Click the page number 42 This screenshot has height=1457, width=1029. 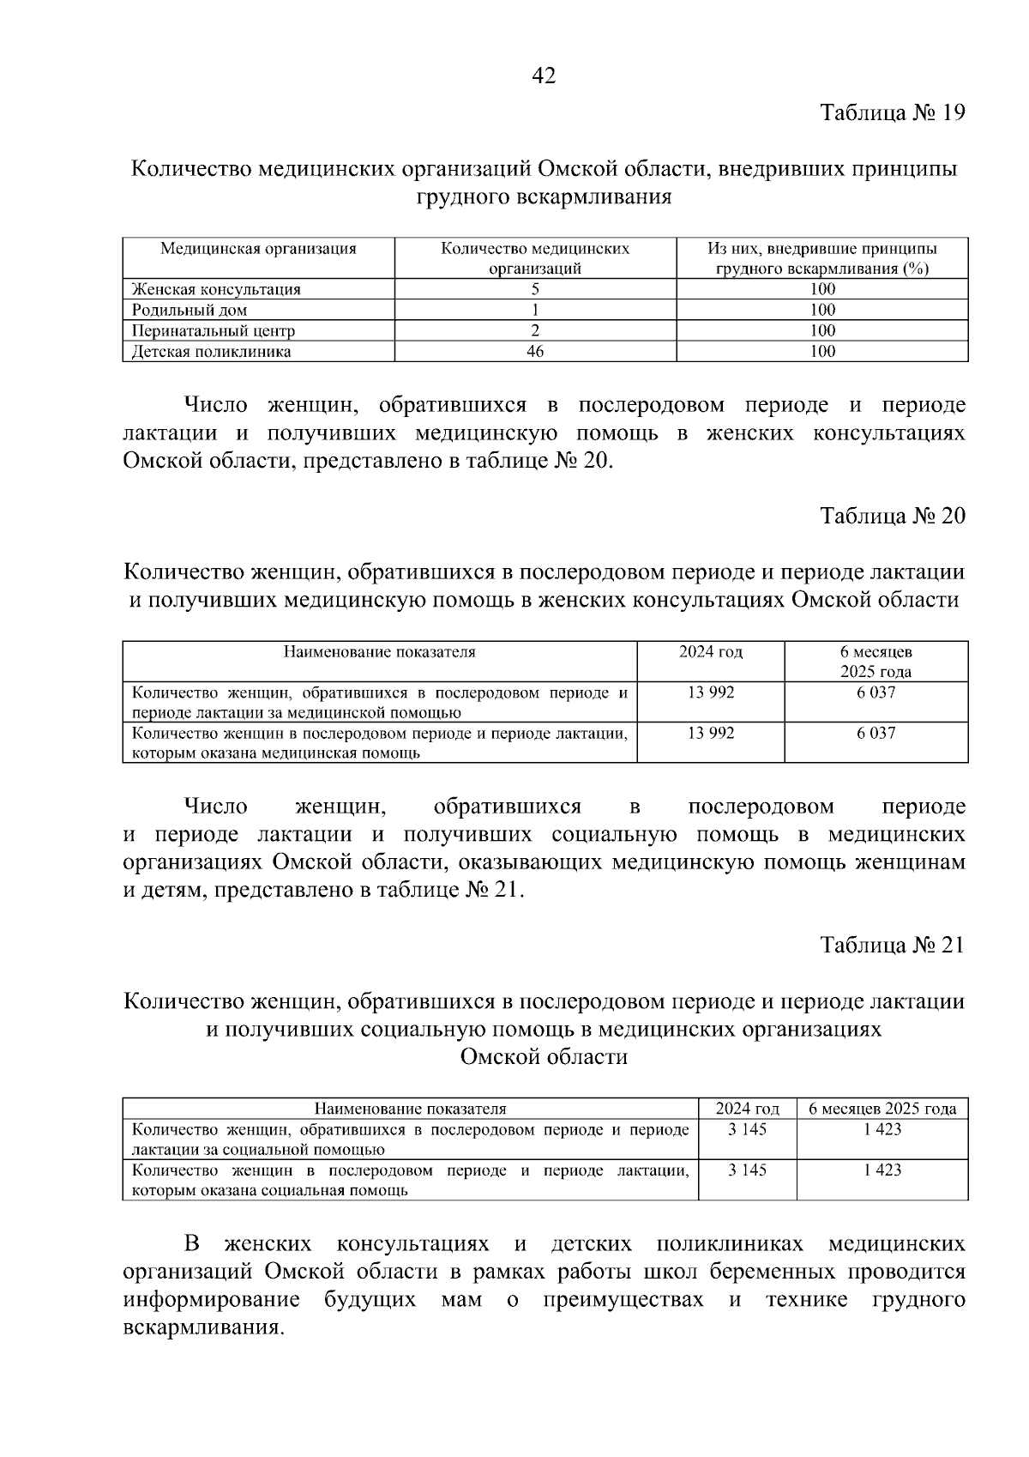544,76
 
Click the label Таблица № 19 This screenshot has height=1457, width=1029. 893,113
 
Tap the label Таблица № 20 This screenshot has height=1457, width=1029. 893,516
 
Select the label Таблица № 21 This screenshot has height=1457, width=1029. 893,945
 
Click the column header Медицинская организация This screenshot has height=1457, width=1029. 258,249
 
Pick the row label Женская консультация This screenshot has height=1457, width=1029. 216,289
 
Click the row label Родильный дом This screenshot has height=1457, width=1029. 190,310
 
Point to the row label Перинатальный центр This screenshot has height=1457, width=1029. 214,330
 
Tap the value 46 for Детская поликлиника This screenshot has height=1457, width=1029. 535,351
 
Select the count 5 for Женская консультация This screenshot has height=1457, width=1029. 535,289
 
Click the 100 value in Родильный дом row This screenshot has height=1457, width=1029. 821,310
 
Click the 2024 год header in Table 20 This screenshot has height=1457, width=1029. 711,651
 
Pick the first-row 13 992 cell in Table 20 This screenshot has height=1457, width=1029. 711,692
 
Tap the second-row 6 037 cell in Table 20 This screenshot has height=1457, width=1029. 876,733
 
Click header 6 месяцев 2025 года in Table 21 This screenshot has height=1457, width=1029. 882,1109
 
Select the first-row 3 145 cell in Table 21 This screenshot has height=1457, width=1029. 747,1129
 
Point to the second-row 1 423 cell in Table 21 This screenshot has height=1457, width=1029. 882,1170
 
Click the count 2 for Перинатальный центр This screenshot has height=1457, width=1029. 535,330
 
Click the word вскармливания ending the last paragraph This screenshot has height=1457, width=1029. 202,1327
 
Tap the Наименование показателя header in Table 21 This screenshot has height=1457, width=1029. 410,1109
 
